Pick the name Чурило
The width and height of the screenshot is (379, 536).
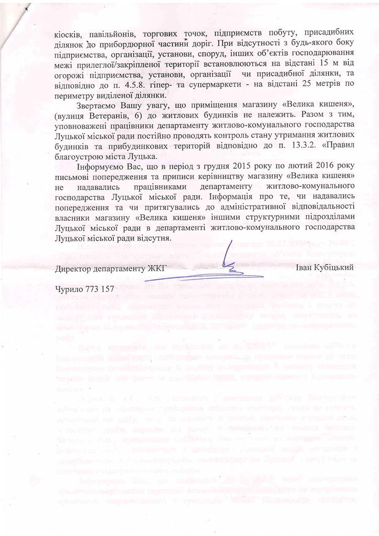(x=70, y=289)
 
